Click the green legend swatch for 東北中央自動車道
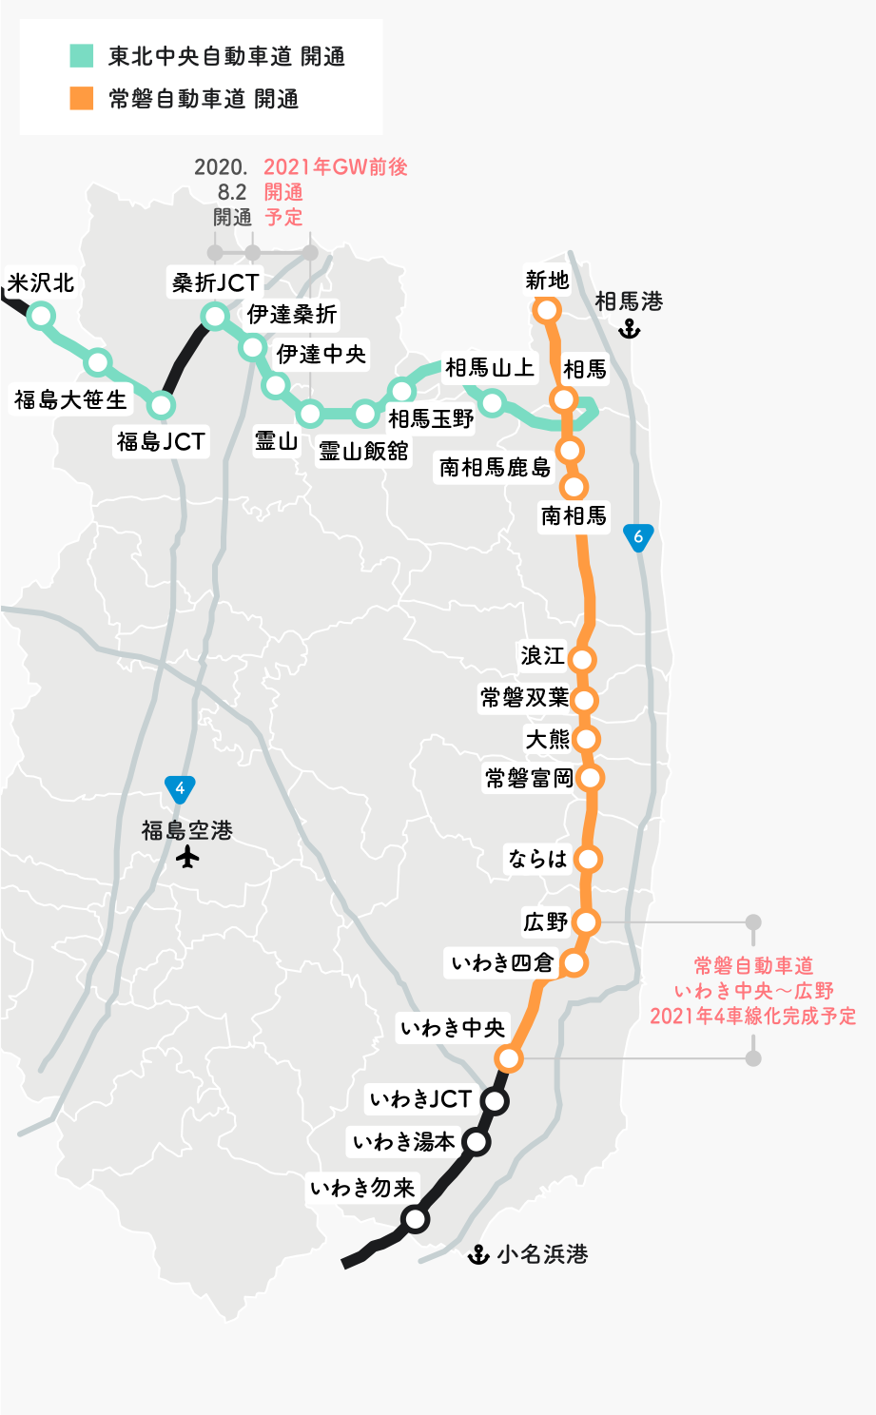click(x=82, y=55)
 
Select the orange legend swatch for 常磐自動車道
click(x=82, y=98)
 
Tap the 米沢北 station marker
click(x=42, y=316)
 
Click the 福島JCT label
click(x=161, y=442)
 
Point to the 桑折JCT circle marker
click(x=216, y=316)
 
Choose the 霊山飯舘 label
click(x=363, y=451)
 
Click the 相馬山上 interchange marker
click(x=492, y=403)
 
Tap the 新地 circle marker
click(x=547, y=310)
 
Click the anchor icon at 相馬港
click(x=629, y=329)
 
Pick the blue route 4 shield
click(x=180, y=789)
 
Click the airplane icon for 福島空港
click(x=188, y=858)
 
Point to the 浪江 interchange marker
click(x=582, y=659)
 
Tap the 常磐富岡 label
click(x=529, y=779)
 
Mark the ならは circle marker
click(x=588, y=860)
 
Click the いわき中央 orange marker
click(x=510, y=1058)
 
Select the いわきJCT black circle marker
click(x=495, y=1101)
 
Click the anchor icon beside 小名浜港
click(x=478, y=1255)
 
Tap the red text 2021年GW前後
click(x=336, y=167)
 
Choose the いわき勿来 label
click(x=363, y=1189)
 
